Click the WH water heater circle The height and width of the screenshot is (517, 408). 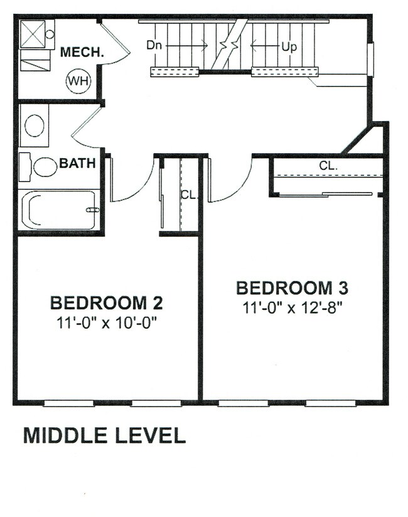(x=78, y=80)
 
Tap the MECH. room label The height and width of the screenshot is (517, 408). (x=82, y=53)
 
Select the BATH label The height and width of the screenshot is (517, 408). (x=77, y=164)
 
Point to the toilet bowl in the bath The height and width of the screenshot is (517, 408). (x=45, y=167)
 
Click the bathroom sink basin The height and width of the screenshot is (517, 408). (x=34, y=125)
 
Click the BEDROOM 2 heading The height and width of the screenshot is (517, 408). (x=106, y=304)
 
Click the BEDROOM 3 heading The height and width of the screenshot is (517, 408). (x=292, y=288)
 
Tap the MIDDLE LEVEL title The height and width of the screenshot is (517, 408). (x=104, y=435)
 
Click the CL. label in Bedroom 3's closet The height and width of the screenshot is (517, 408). (x=328, y=166)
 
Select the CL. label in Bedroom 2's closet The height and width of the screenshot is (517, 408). (x=189, y=195)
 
